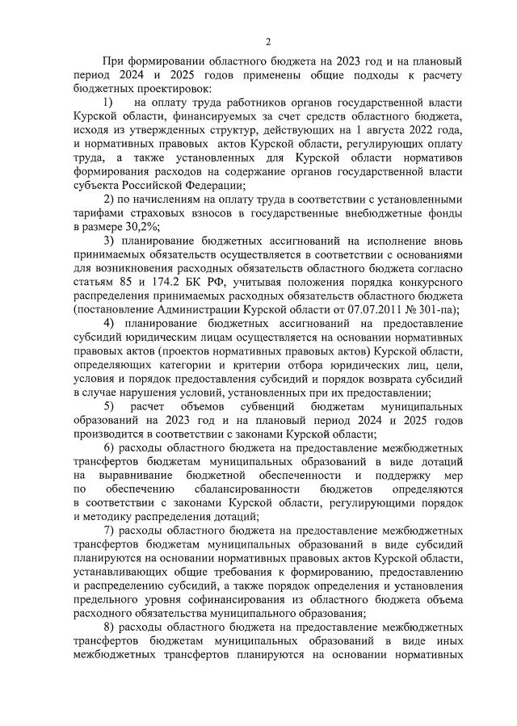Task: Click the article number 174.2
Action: [x=159, y=279]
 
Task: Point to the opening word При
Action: [x=112, y=61]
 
